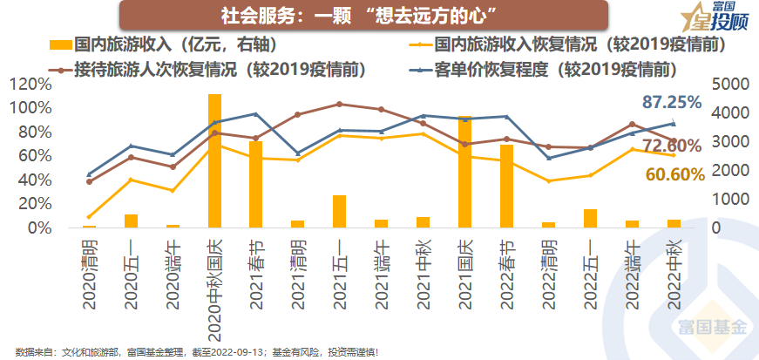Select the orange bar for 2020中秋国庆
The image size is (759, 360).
pyautogui.click(x=214, y=161)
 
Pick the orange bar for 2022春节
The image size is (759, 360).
pyautogui.click(x=506, y=187)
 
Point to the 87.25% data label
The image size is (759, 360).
pyautogui.click(x=671, y=102)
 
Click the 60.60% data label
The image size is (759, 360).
pyautogui.click(x=674, y=175)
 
